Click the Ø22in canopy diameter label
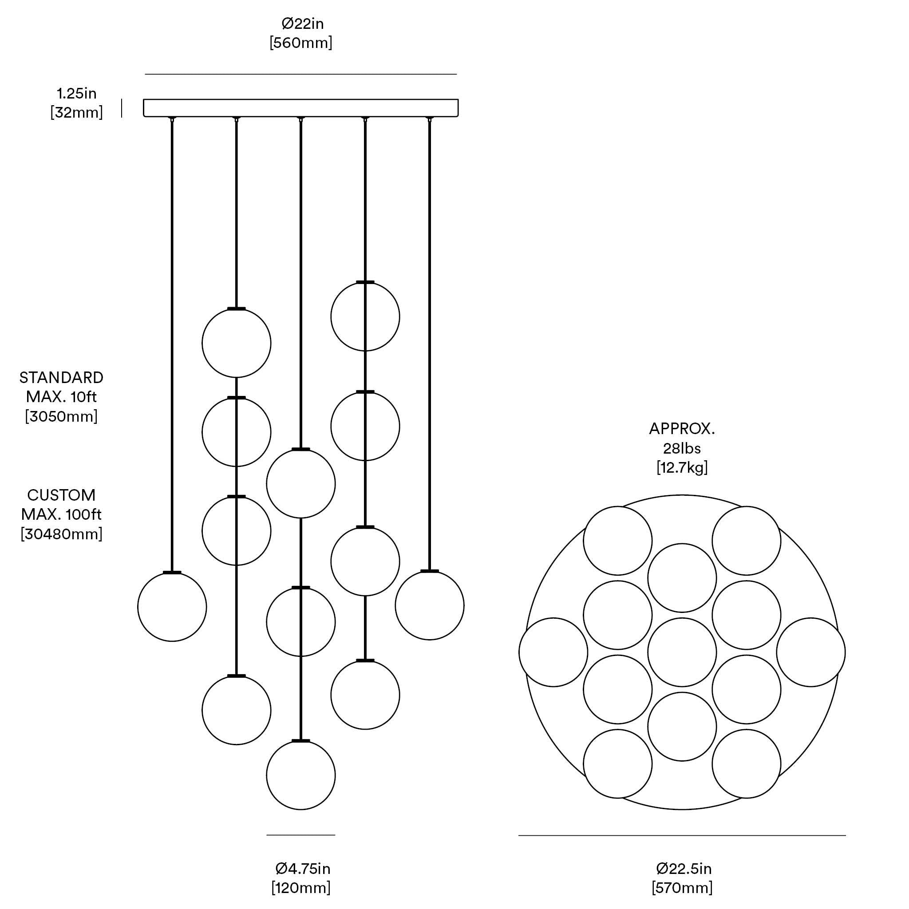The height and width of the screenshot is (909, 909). (x=302, y=23)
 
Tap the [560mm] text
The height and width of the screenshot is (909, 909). (x=300, y=43)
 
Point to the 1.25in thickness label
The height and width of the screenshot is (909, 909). (x=77, y=93)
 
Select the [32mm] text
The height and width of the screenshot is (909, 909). (x=77, y=112)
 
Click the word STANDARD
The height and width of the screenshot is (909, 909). (x=61, y=378)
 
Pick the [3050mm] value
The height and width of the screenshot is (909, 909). (x=61, y=416)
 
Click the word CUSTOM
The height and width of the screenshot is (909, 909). (x=61, y=495)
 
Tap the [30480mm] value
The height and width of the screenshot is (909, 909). (x=61, y=534)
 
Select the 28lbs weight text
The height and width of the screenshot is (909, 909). (x=682, y=448)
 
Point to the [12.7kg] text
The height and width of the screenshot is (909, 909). (x=682, y=467)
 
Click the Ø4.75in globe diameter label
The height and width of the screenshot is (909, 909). (x=303, y=868)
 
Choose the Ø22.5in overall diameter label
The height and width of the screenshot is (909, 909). (x=683, y=868)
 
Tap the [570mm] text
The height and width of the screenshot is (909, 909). (x=682, y=888)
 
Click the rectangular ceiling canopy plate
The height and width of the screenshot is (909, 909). (x=300, y=108)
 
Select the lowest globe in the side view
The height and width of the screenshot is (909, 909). (x=300, y=775)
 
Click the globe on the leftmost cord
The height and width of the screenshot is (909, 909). (x=172, y=607)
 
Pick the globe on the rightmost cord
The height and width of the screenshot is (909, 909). (x=430, y=605)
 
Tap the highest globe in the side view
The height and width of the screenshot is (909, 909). (x=365, y=316)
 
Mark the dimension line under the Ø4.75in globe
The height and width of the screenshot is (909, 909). (x=300, y=835)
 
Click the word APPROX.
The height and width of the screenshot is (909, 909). (x=682, y=429)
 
